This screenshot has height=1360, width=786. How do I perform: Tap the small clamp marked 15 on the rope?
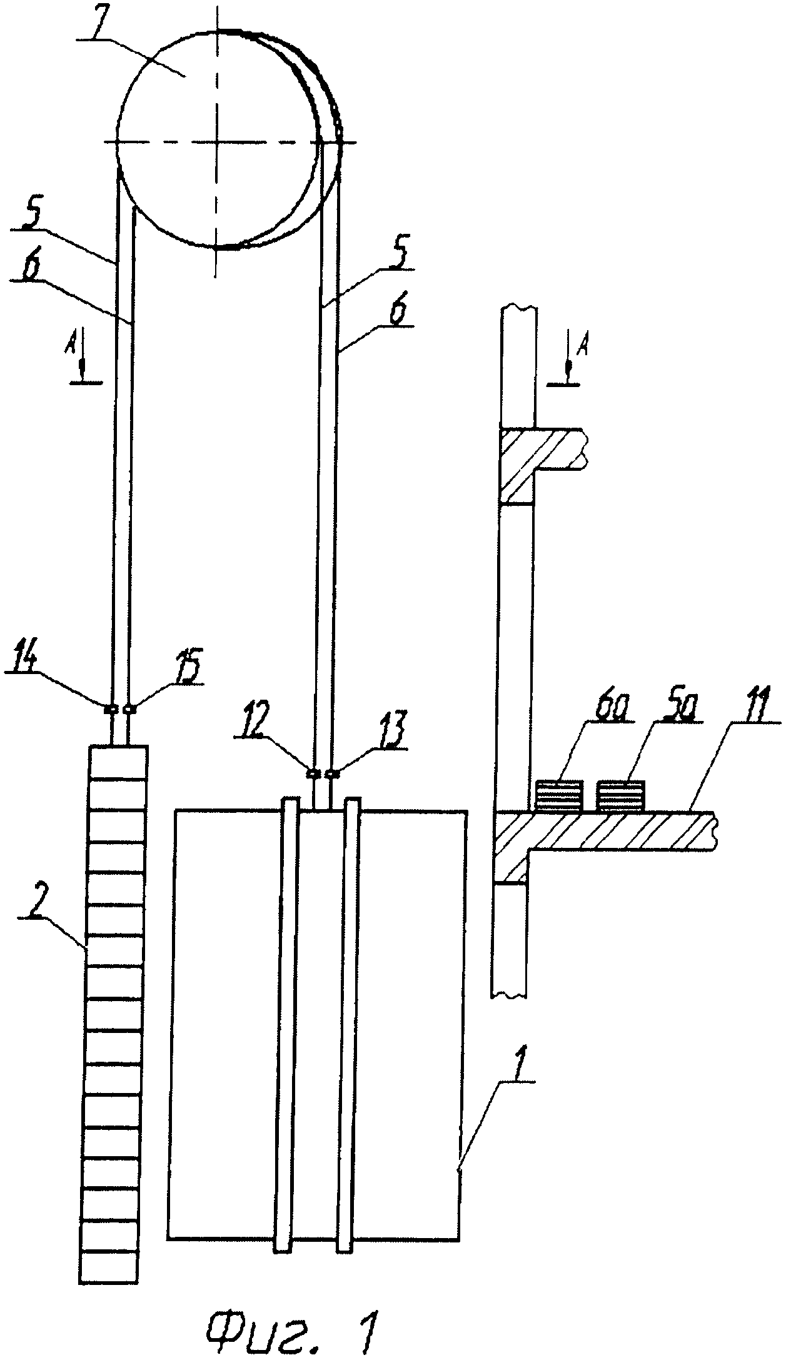coord(130,709)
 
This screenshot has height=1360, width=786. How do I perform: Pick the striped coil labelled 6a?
coord(559,795)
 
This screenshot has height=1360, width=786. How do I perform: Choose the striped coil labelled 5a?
coord(621,795)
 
